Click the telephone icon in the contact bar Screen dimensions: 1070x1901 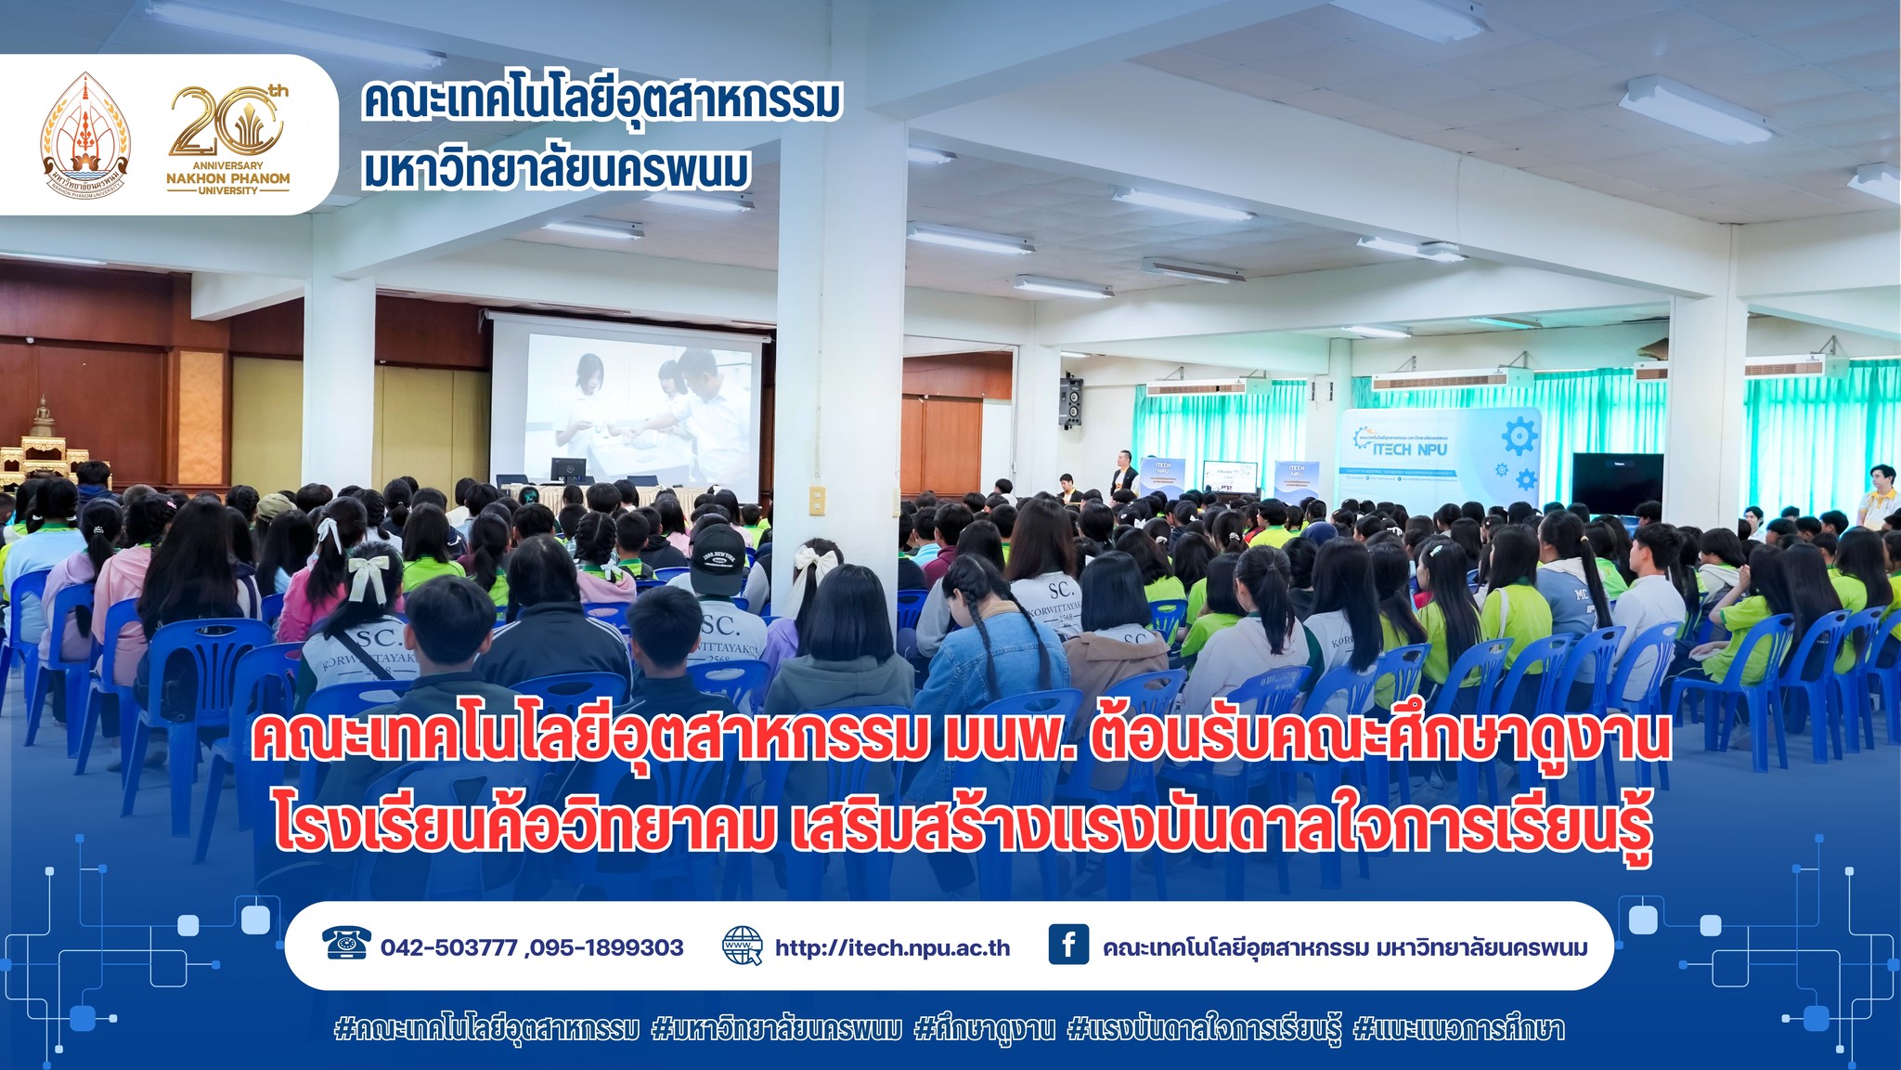(346, 943)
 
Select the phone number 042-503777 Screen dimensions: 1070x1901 (448, 947)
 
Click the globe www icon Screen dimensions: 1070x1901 (742, 946)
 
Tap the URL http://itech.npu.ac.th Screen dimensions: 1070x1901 (892, 947)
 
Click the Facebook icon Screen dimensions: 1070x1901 (1067, 945)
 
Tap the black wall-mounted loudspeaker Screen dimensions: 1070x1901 (1070, 401)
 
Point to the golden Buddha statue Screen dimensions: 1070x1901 (43, 418)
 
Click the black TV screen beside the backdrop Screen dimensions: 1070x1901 (1616, 482)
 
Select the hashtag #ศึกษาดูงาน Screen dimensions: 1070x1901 (984, 1029)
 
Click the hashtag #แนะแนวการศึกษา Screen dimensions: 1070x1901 (1458, 1029)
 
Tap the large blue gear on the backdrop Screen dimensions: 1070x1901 (1519, 435)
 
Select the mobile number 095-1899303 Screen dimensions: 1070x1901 (608, 947)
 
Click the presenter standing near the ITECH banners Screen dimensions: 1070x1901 (1125, 476)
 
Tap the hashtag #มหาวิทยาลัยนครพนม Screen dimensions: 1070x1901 (776, 1029)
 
